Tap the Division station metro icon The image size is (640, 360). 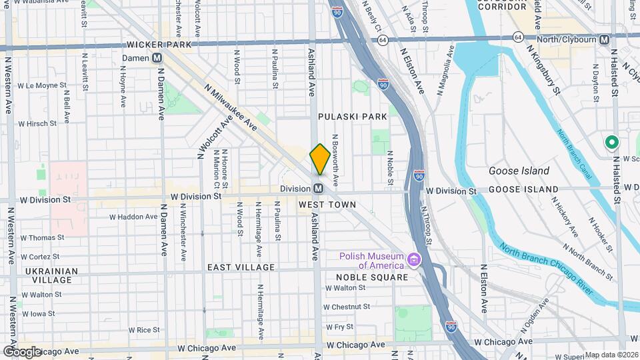click(x=319, y=189)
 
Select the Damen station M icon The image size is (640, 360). click(x=157, y=58)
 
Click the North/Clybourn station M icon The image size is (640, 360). click(x=604, y=39)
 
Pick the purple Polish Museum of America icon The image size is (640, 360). click(x=415, y=259)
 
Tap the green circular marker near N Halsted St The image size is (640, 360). click(x=611, y=143)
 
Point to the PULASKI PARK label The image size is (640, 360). click(x=352, y=117)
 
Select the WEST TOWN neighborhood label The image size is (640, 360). click(x=324, y=204)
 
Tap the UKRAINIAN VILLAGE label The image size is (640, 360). click(x=47, y=276)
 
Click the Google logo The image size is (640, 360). click(x=22, y=351)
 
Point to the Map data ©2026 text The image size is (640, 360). click(x=611, y=355)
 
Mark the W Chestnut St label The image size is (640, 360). click(x=347, y=307)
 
